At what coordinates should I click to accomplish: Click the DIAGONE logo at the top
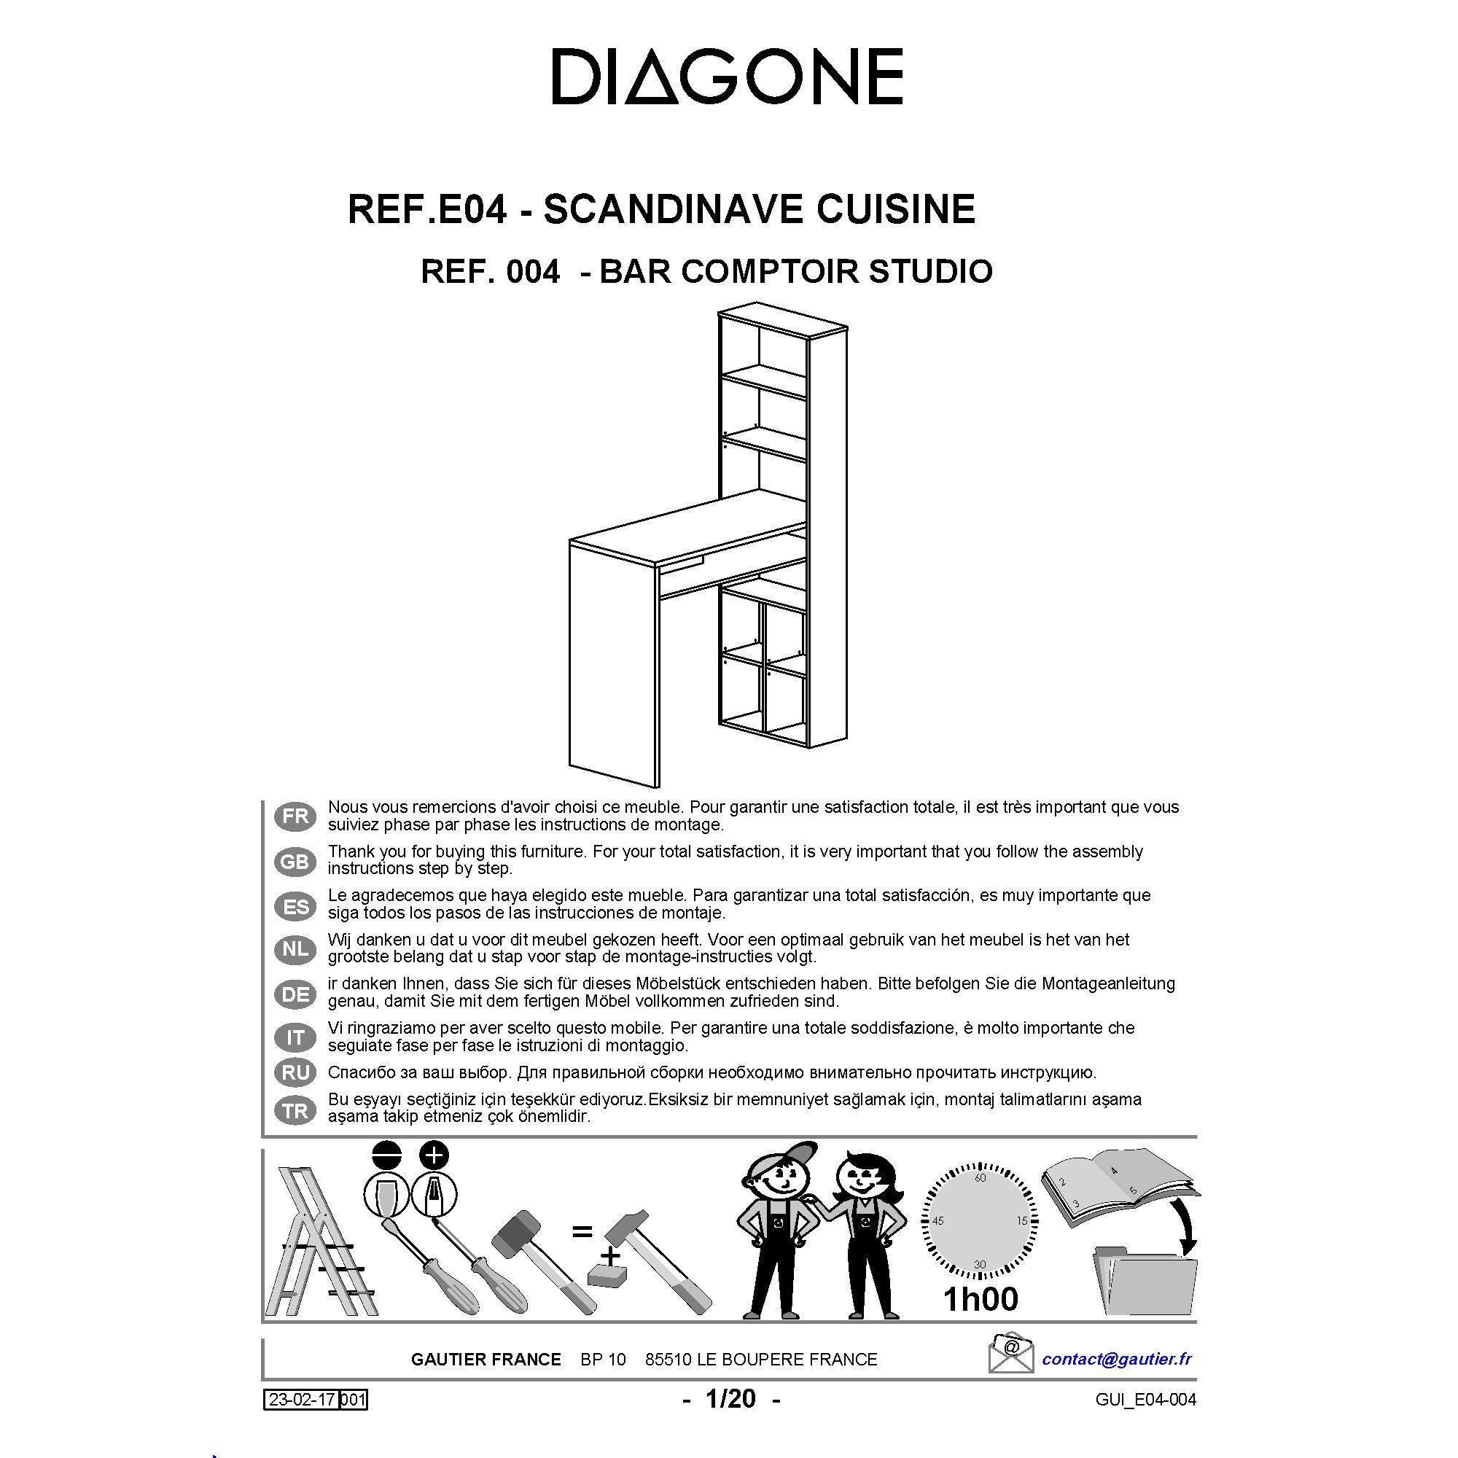click(x=728, y=77)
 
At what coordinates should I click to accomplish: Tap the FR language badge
click(x=295, y=816)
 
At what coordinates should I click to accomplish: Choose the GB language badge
click(x=295, y=861)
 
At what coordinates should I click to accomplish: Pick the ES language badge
click(x=295, y=905)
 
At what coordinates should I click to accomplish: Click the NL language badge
click(x=295, y=949)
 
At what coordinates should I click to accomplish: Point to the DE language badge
click(x=295, y=994)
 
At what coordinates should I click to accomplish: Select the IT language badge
click(x=295, y=1037)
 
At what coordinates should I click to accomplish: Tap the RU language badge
click(x=295, y=1072)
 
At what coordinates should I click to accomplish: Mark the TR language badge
click(x=295, y=1110)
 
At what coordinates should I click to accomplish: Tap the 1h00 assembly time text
click(x=981, y=1299)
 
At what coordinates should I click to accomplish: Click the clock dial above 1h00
click(x=980, y=1221)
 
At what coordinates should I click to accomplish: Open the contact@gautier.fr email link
click(x=1117, y=1359)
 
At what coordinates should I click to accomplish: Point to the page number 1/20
click(x=730, y=1398)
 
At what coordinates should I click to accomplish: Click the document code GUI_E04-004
click(x=1145, y=1400)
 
